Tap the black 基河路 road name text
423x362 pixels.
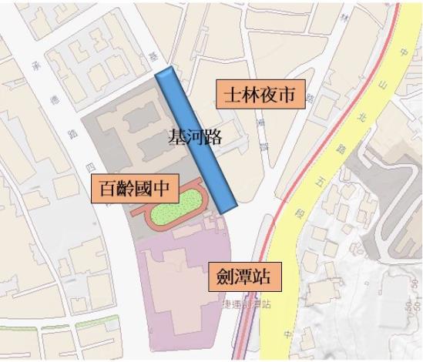click(x=195, y=137)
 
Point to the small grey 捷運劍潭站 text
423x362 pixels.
click(x=244, y=304)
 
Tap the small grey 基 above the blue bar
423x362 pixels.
click(x=153, y=55)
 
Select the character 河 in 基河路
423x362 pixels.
click(x=195, y=137)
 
